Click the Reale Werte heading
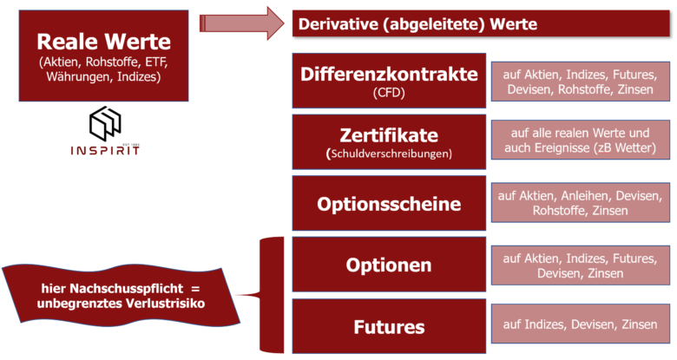pyautogui.click(x=103, y=42)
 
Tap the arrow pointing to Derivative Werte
pyautogui.click(x=242, y=23)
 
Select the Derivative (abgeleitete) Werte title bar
pyautogui.click(x=481, y=23)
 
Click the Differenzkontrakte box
pyautogui.click(x=389, y=81)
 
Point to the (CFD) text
pyautogui.click(x=389, y=92)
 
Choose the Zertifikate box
pyautogui.click(x=389, y=142)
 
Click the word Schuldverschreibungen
pyautogui.click(x=390, y=154)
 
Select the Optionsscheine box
pyautogui.click(x=389, y=203)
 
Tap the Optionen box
pyautogui.click(x=389, y=265)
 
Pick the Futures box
pyautogui.click(x=389, y=326)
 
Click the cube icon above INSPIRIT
pyautogui.click(x=105, y=123)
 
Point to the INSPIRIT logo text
pyautogui.click(x=105, y=150)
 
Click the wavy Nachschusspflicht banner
pyautogui.click(x=121, y=295)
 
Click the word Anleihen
pyautogui.click(x=586, y=196)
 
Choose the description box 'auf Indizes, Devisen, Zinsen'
pyautogui.click(x=581, y=324)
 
